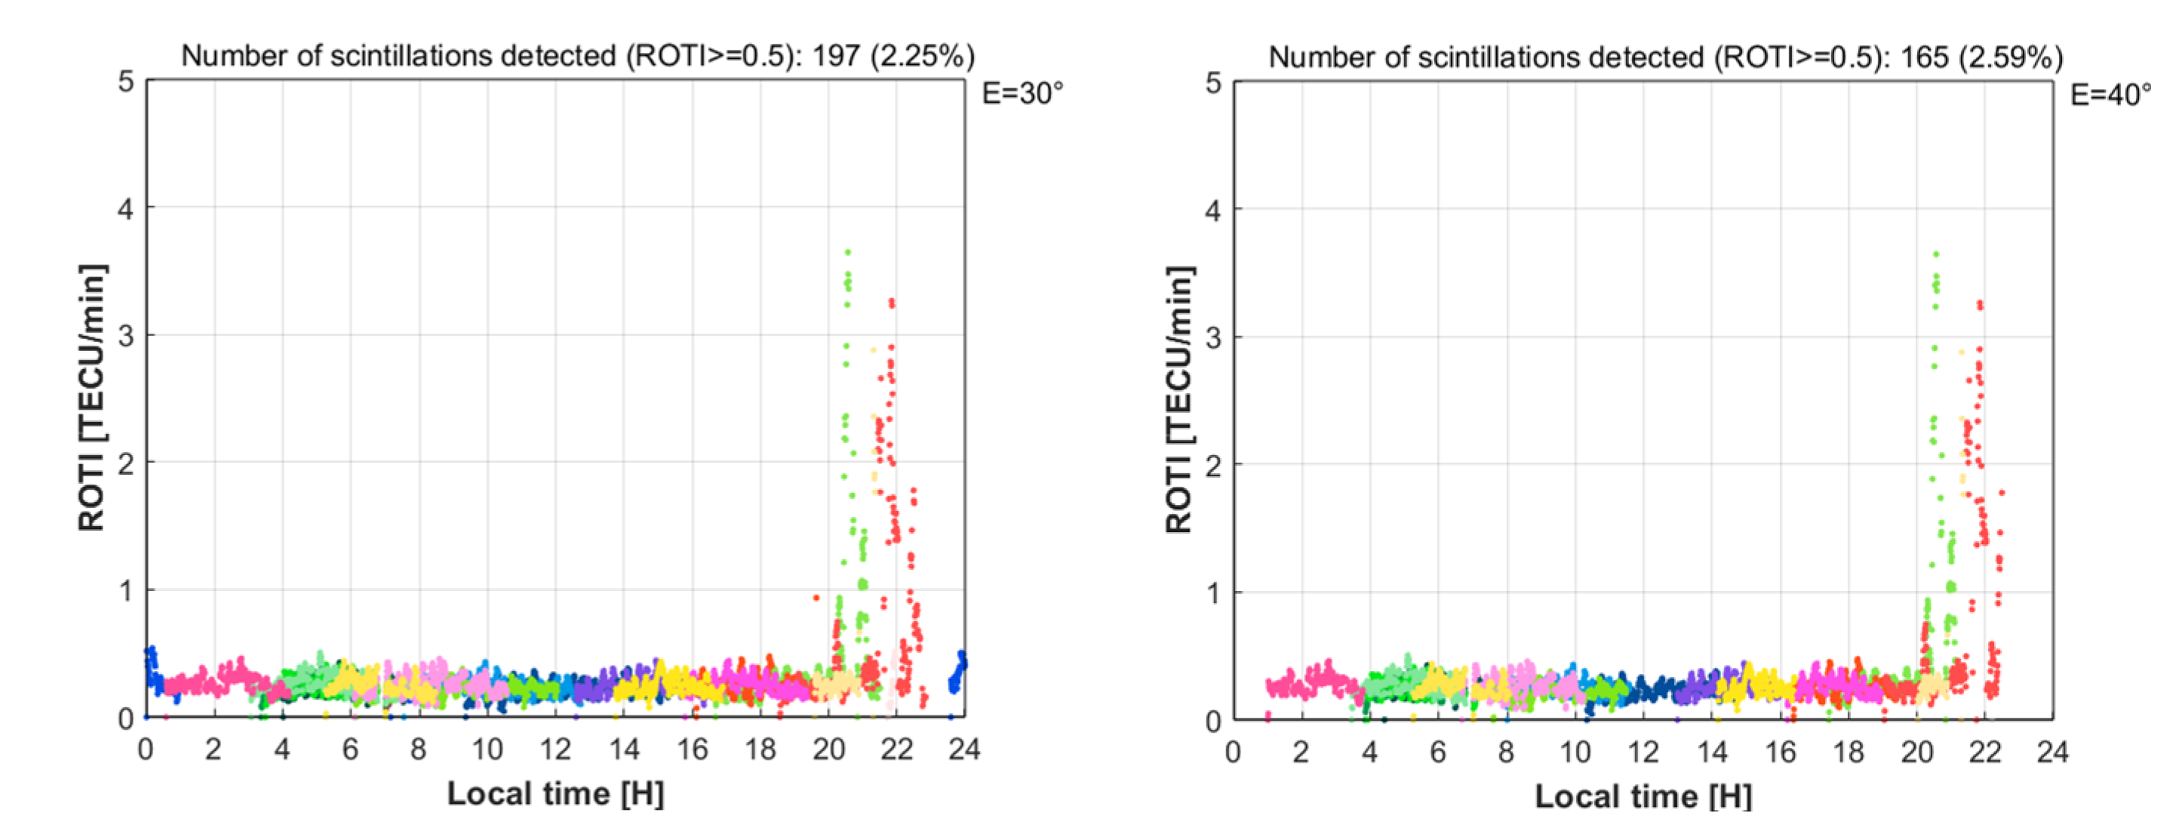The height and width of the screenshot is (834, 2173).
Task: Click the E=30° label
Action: pos(1022,93)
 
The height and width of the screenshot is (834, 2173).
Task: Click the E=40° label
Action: pos(2110,94)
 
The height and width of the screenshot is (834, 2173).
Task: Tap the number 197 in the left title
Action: pos(836,56)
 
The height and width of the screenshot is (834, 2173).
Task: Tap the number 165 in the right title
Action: pos(1924,57)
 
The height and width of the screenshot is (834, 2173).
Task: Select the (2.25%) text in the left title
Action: pos(923,56)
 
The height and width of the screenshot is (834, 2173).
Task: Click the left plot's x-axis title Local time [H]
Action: pos(555,793)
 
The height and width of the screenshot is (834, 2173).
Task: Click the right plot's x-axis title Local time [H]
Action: pos(1643,796)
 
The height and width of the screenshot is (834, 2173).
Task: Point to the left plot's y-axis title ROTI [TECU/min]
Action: pos(91,398)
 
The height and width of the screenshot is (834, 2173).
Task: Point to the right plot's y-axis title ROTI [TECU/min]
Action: pos(1179,400)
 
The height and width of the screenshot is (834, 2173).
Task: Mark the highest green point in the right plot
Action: pos(1936,254)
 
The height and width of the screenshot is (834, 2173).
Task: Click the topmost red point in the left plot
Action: pos(892,301)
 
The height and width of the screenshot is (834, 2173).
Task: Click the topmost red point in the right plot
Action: pos(1980,303)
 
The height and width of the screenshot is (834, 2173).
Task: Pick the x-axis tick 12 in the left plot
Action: pos(555,749)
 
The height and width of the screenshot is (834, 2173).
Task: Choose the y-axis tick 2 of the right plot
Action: pos(1213,464)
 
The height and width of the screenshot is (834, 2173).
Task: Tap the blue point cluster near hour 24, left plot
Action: pos(957,671)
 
